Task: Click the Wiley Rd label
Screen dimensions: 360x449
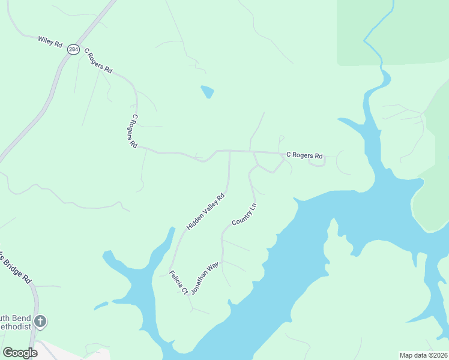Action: (x=50, y=41)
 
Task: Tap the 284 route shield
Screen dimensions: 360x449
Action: (x=73, y=50)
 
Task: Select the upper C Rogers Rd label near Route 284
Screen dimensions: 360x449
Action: (x=98, y=61)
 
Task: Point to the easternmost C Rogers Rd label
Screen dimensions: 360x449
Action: (x=304, y=155)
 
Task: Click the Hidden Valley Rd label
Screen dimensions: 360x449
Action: (x=205, y=211)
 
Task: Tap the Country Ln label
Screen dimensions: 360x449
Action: (x=244, y=214)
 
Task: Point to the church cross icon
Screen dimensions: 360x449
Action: (x=40, y=321)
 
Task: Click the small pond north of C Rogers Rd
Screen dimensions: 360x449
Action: (x=207, y=92)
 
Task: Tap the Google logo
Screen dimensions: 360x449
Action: (x=20, y=353)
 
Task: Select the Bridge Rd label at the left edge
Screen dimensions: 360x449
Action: (x=17, y=268)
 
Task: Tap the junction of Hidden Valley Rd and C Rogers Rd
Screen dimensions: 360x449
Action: (x=230, y=151)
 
